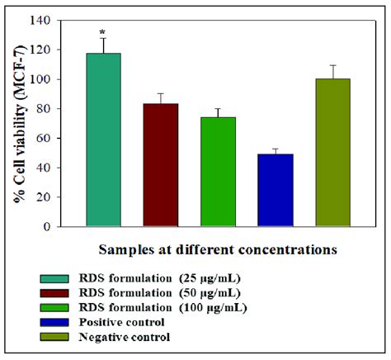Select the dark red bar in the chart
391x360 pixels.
tap(161, 165)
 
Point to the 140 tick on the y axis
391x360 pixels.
tap(51, 20)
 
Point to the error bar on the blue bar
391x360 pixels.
tap(275, 151)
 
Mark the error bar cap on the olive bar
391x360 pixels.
tap(332, 65)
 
